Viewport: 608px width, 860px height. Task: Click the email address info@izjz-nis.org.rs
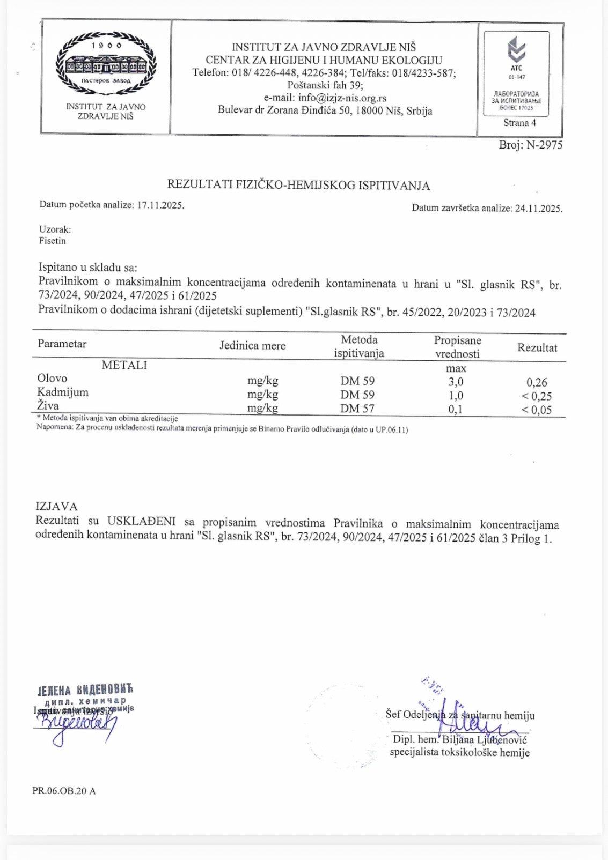(342, 98)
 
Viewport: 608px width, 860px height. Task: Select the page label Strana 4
(519, 123)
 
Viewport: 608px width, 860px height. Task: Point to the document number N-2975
(544, 145)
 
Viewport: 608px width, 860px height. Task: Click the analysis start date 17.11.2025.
(160, 205)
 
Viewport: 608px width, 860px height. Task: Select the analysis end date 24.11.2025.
(539, 209)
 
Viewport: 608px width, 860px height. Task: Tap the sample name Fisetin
(53, 241)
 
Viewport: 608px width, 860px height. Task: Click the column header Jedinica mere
(252, 345)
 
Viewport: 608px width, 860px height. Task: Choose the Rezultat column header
(537, 347)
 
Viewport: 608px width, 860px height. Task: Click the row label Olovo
(52, 378)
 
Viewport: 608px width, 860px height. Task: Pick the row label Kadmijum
(63, 392)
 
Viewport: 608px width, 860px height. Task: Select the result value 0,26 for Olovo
(537, 382)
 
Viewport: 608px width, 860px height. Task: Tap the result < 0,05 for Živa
(537, 410)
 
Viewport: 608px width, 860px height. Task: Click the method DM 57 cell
(357, 409)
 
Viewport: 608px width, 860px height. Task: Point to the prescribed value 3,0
(456, 382)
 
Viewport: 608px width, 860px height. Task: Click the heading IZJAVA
(56, 506)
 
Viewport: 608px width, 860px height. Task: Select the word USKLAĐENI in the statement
(141, 521)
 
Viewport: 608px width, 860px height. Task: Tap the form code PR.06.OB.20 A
(64, 791)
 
